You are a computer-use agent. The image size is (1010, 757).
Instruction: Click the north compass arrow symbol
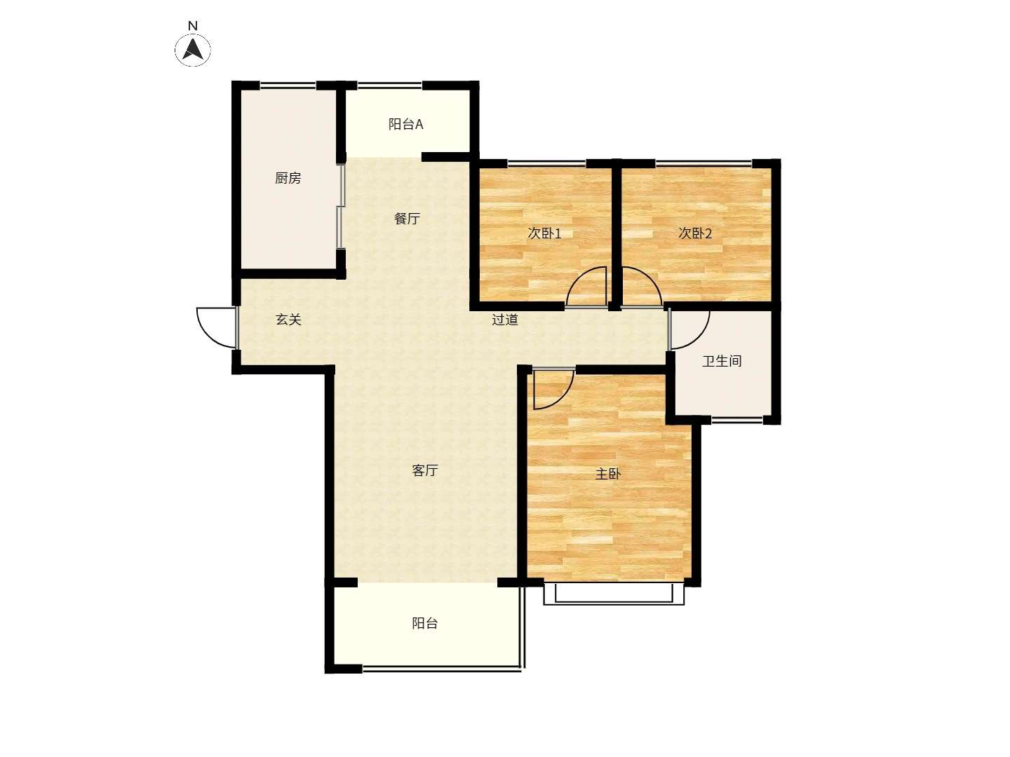pyautogui.click(x=193, y=49)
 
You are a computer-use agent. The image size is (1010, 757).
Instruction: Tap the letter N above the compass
pyautogui.click(x=193, y=26)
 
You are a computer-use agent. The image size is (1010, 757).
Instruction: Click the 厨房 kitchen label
pyautogui.click(x=288, y=178)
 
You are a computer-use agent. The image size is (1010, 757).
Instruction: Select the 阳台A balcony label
pyautogui.click(x=405, y=124)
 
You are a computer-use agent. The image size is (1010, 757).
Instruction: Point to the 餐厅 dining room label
pyautogui.click(x=408, y=218)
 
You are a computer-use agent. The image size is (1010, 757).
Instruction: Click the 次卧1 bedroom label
pyautogui.click(x=544, y=233)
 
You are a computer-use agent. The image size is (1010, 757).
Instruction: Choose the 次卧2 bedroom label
pyautogui.click(x=695, y=233)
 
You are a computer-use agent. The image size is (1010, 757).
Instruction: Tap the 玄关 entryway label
pyautogui.click(x=288, y=319)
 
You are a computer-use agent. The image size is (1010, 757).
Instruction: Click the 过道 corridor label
pyautogui.click(x=505, y=319)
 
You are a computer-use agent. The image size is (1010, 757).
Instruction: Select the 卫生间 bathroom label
pyautogui.click(x=722, y=361)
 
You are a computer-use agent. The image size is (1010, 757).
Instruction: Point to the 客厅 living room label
pyautogui.click(x=425, y=470)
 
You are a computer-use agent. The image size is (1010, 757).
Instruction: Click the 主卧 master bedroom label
pyautogui.click(x=608, y=473)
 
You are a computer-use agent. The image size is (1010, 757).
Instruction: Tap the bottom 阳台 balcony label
pyautogui.click(x=425, y=623)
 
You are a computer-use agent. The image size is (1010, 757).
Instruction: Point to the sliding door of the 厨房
pyautogui.click(x=340, y=207)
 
